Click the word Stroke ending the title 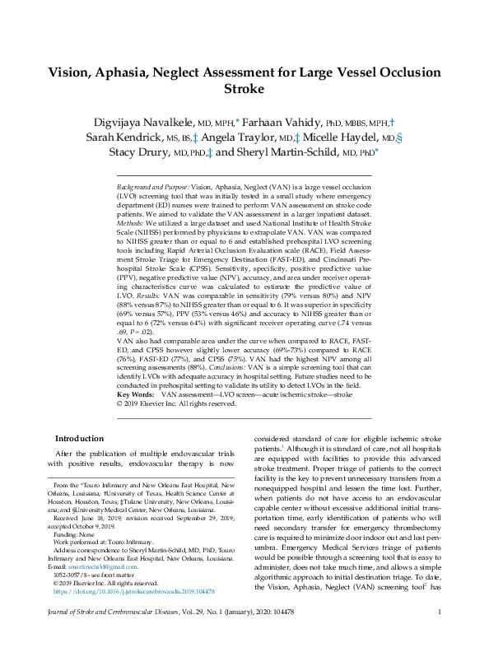[x=244, y=90]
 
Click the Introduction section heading [x=79, y=439]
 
